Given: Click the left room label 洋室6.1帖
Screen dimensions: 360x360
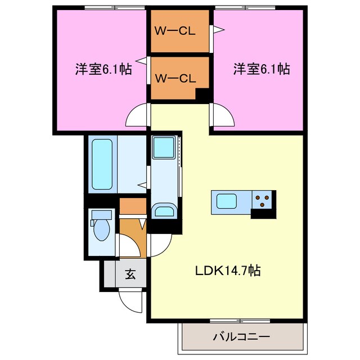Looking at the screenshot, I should coord(103,70).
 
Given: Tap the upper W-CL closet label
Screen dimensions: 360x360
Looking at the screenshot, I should coord(175,31).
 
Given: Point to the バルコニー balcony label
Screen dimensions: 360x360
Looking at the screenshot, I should coord(241,337).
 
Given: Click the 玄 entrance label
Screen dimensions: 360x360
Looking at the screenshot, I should coord(130,274).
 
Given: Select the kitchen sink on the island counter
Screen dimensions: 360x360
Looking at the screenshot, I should coord(227,201).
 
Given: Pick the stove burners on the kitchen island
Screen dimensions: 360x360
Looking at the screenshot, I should coord(262,198).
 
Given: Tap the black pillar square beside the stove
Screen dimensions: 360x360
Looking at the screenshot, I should coord(262,213).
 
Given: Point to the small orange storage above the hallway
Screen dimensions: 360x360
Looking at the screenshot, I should coord(133,206).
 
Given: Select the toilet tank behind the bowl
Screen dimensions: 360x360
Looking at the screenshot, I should coord(102,215).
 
